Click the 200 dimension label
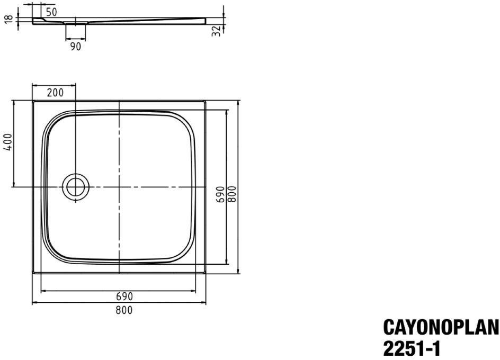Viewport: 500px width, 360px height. point(55,93)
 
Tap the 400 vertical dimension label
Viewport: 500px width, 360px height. point(8,142)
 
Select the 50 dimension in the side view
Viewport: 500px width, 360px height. point(51,12)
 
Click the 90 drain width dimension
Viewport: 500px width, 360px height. point(75,47)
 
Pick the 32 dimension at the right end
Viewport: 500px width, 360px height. point(216,31)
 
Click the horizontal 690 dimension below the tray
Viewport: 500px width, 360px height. point(124,296)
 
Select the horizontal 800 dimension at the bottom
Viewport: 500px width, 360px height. point(124,310)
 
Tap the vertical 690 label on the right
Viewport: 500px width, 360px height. point(220,194)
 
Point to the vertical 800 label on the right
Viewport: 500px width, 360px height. point(232,194)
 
